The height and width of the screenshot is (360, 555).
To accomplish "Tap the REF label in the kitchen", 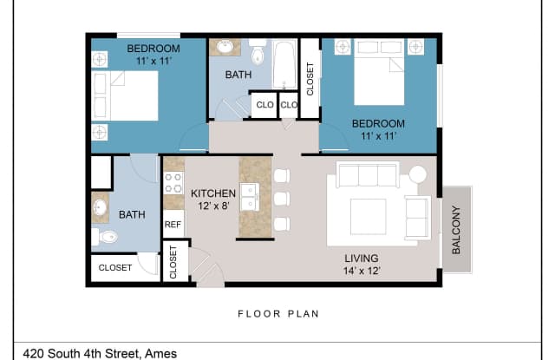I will point(173,225).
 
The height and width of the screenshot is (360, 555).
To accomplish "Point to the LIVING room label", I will point(362,257).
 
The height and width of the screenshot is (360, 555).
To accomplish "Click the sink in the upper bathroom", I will point(225,47).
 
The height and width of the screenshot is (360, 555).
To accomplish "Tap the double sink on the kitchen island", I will point(250,198).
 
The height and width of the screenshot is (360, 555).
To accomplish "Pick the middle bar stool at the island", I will point(281,199).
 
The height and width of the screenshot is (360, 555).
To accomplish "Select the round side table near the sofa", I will point(419,173).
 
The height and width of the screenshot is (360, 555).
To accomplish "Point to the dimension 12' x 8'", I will point(213,207).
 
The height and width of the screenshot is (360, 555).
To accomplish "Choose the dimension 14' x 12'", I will point(362,271).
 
